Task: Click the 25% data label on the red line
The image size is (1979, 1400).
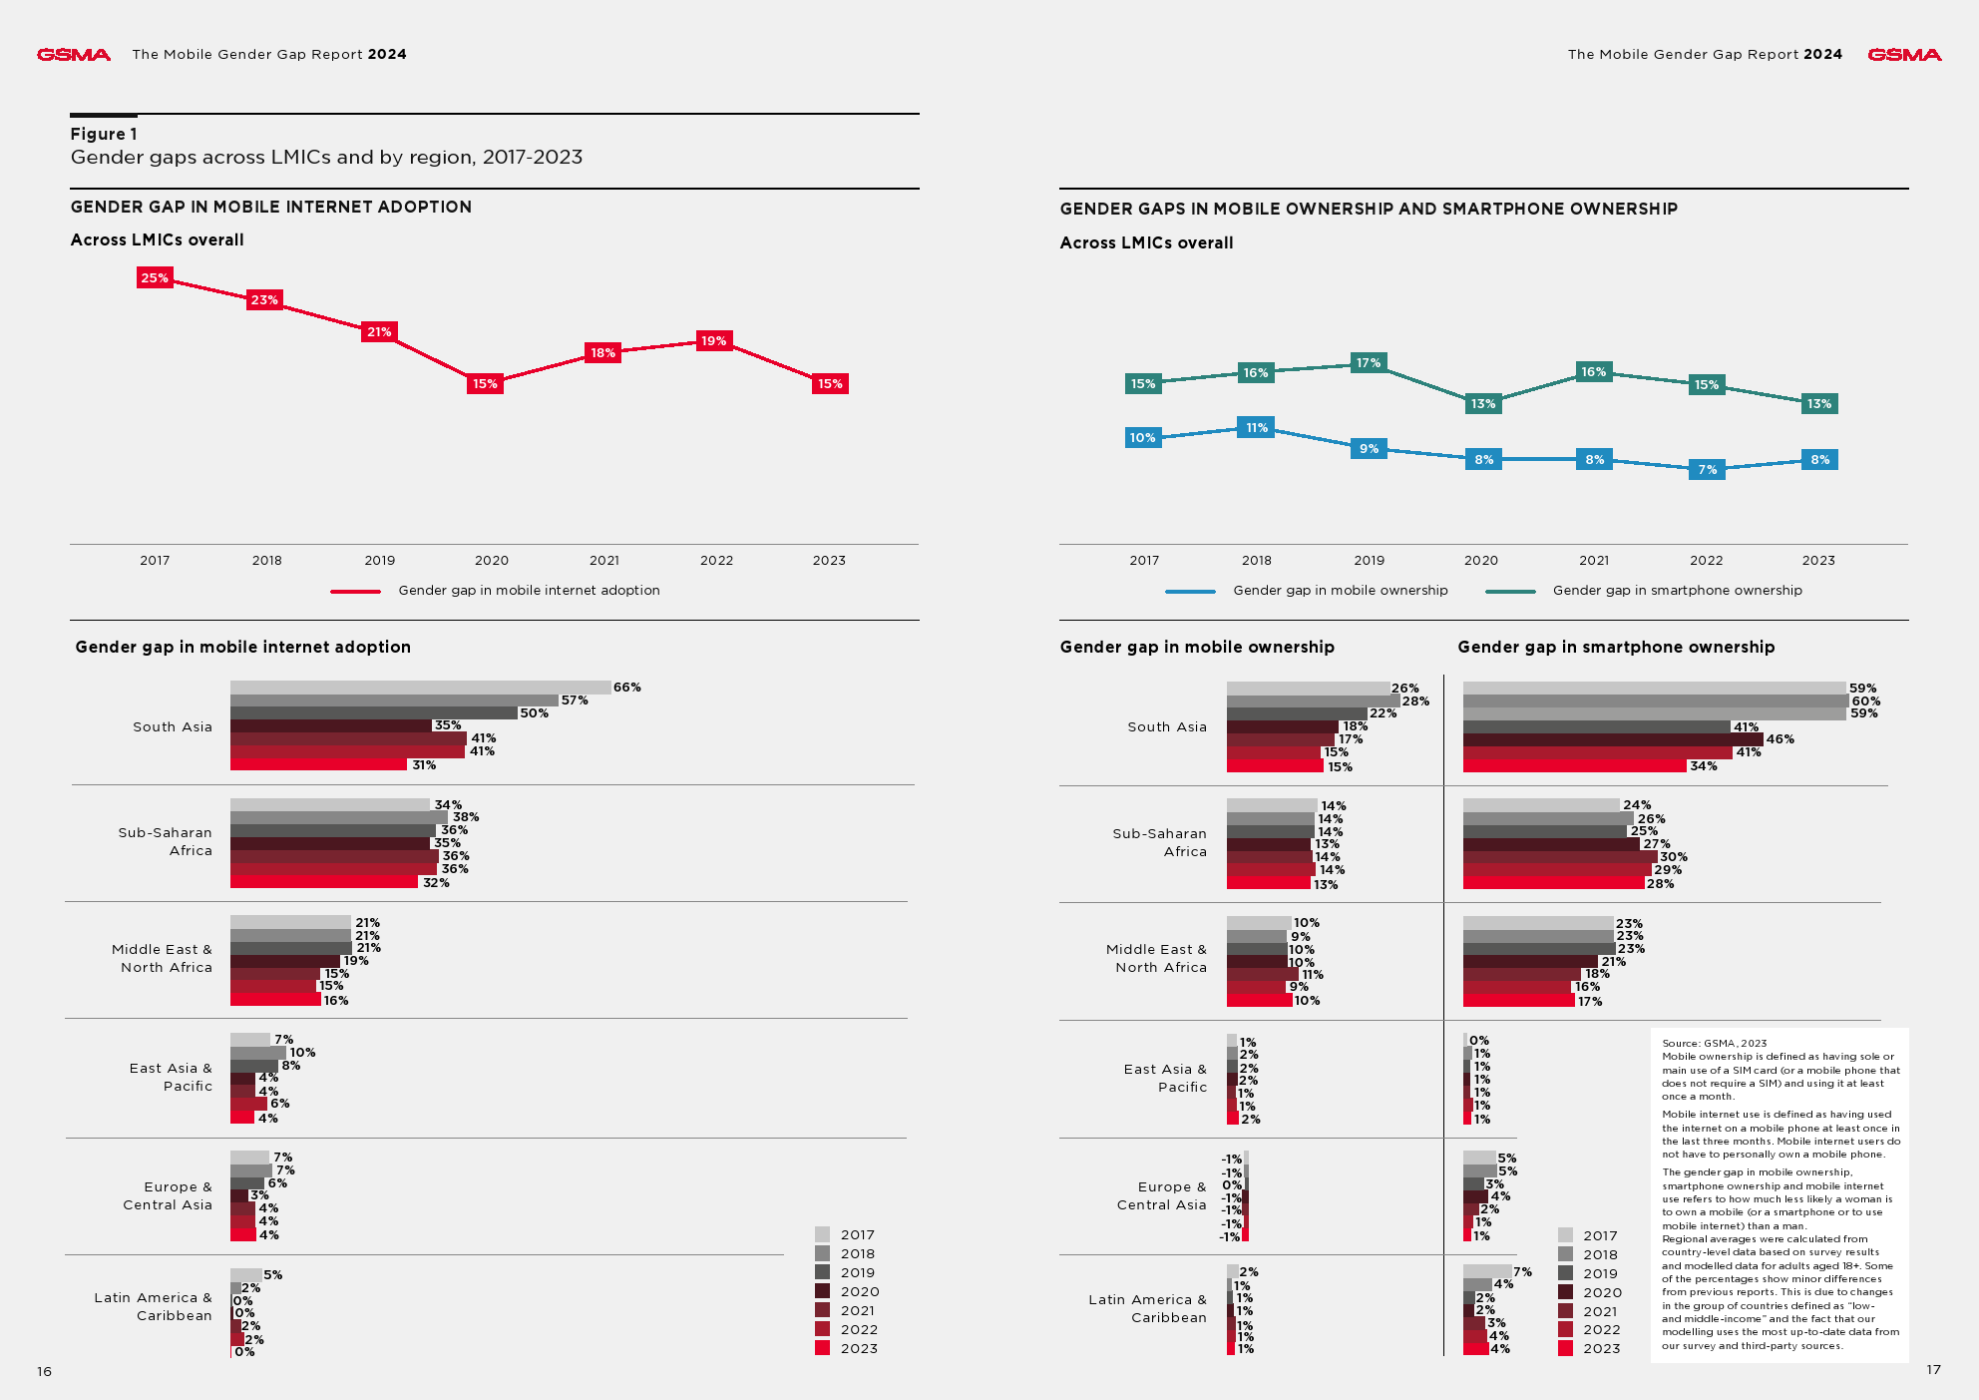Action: click(x=155, y=278)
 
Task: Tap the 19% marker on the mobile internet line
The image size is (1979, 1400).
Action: click(x=713, y=341)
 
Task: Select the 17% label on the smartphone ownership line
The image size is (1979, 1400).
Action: click(x=1369, y=363)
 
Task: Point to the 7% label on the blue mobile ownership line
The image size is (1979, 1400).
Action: click(x=1708, y=470)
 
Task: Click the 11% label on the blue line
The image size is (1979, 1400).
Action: click(x=1256, y=428)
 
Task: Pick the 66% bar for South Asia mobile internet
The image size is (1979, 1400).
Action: click(x=420, y=688)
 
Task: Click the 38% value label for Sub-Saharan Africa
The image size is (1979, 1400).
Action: click(x=466, y=817)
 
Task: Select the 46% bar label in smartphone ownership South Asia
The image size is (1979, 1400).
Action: click(x=1780, y=739)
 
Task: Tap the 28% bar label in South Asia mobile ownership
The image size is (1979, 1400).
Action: click(x=1415, y=701)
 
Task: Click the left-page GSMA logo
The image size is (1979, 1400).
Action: click(x=74, y=55)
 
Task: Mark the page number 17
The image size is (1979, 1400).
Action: click(x=1933, y=1370)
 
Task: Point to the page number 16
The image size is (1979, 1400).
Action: click(x=44, y=1372)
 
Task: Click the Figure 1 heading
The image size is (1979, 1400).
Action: click(x=104, y=134)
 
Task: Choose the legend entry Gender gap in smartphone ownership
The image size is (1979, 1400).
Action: click(x=1677, y=591)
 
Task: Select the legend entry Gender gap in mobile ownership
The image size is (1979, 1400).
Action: click(x=1340, y=591)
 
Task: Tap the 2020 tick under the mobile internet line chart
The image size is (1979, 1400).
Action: click(x=492, y=561)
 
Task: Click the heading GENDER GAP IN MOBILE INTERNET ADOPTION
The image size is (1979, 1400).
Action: click(x=271, y=208)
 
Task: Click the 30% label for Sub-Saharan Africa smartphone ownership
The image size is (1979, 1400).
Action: click(x=1673, y=857)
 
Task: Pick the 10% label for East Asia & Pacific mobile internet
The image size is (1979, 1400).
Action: click(x=302, y=1053)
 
